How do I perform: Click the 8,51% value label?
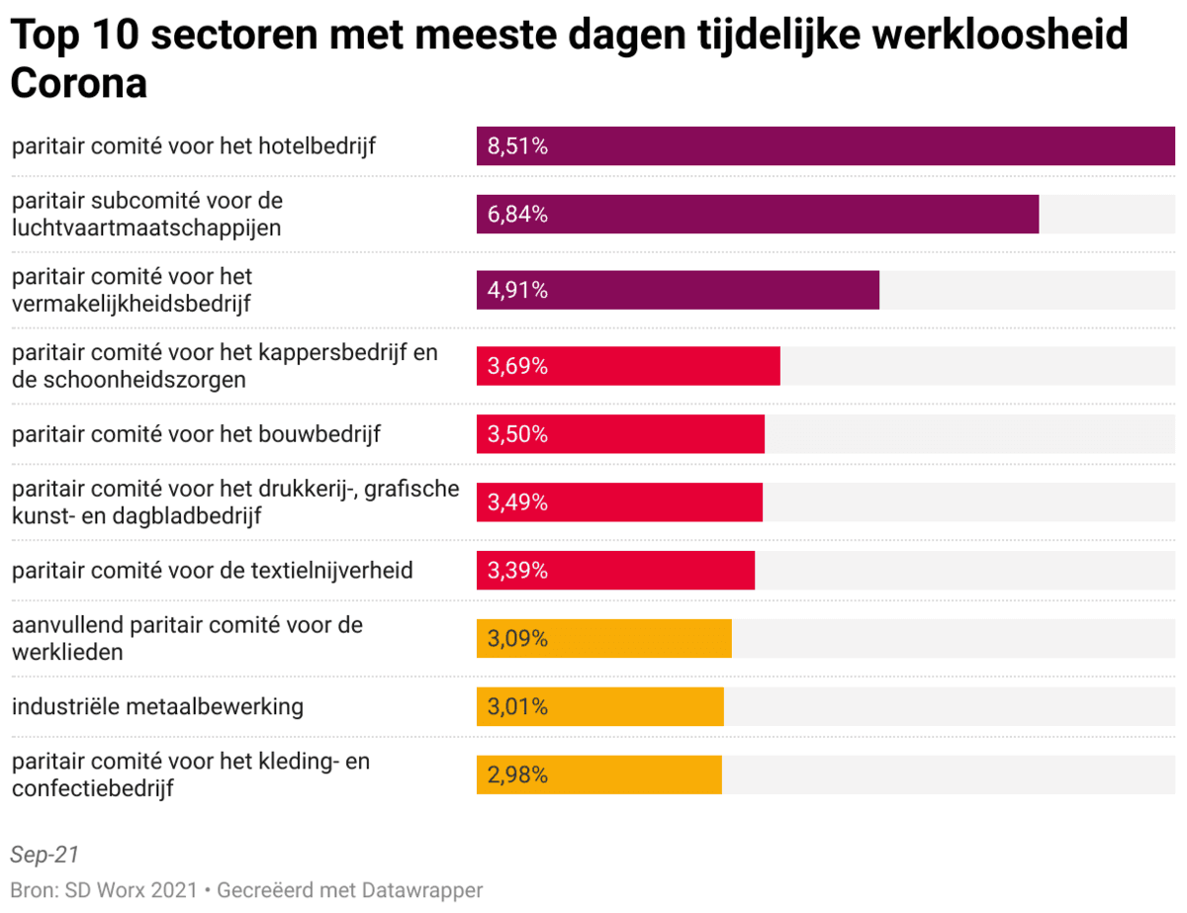517,146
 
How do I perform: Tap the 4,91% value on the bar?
517,291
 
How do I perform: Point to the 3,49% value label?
517,502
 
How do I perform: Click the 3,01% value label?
517,707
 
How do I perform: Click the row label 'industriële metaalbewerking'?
157,707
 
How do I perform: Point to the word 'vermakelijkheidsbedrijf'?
131,305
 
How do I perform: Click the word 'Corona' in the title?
78,84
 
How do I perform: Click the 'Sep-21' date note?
45,855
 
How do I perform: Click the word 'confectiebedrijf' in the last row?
93,789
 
